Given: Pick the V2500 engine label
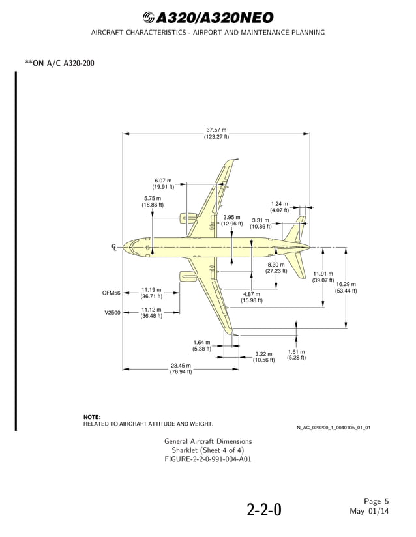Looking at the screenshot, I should tap(112, 313).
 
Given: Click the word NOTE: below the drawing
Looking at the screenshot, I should tap(92, 416).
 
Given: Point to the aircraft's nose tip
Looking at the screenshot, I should tap(123, 247).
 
